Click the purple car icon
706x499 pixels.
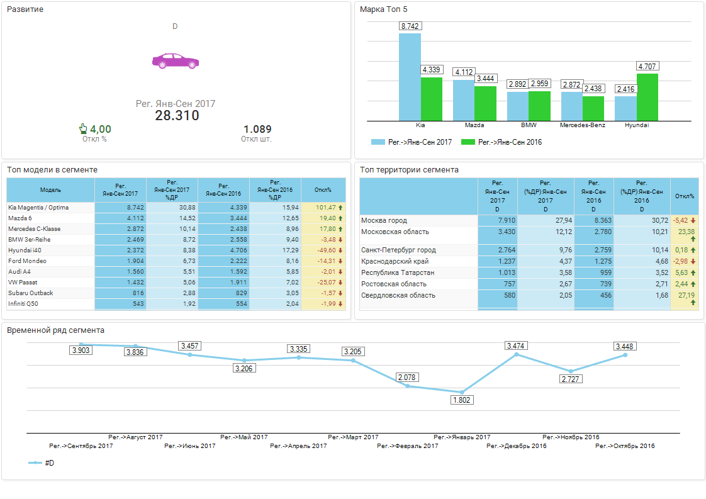pyautogui.click(x=175, y=61)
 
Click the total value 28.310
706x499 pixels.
pyautogui.click(x=177, y=116)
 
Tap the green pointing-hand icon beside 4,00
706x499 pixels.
pyautogui.click(x=83, y=129)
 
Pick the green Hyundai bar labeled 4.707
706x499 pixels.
pyautogui.click(x=647, y=97)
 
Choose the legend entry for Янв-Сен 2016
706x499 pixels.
pyautogui.click(x=501, y=142)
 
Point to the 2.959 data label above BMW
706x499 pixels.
pyautogui.click(x=540, y=84)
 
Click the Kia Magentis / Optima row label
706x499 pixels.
pyautogui.click(x=38, y=208)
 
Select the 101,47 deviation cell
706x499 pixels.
pyautogui.click(x=323, y=208)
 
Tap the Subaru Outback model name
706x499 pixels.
pyautogui.click(x=31, y=293)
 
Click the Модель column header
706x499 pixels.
pyautogui.click(x=50, y=189)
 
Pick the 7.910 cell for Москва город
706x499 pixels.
pyautogui.click(x=497, y=221)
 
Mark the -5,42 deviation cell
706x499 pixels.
pyautogui.click(x=683, y=221)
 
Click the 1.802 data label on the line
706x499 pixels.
pyautogui.click(x=462, y=400)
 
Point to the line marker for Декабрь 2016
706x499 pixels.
pyautogui.click(x=517, y=354)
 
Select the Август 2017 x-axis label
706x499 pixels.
pyautogui.click(x=135, y=437)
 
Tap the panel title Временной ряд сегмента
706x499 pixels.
pyautogui.click(x=55, y=330)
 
